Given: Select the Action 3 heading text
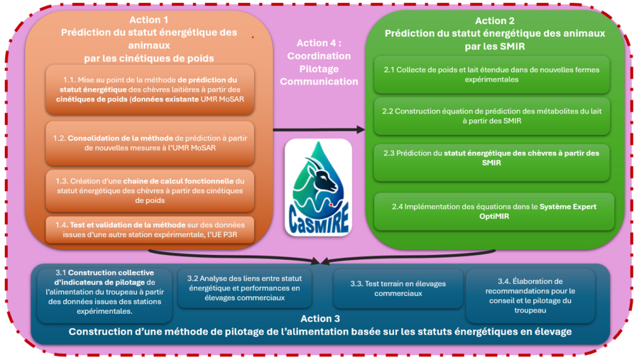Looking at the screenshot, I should (320, 325).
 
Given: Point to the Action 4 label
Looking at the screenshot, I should (319, 62).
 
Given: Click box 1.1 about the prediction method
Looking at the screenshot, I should (149, 89).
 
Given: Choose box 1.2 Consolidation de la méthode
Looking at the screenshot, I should (149, 142).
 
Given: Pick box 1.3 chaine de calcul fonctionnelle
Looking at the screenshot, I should (149, 185).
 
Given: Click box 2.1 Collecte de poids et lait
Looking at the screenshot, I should (492, 75).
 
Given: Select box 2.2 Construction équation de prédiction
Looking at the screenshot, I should (492, 116).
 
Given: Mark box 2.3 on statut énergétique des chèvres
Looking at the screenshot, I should (492, 158).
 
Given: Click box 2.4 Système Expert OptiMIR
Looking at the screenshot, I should (492, 211).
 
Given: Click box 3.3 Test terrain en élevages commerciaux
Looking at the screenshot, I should (398, 288).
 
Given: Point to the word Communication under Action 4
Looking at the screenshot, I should (319, 81).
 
